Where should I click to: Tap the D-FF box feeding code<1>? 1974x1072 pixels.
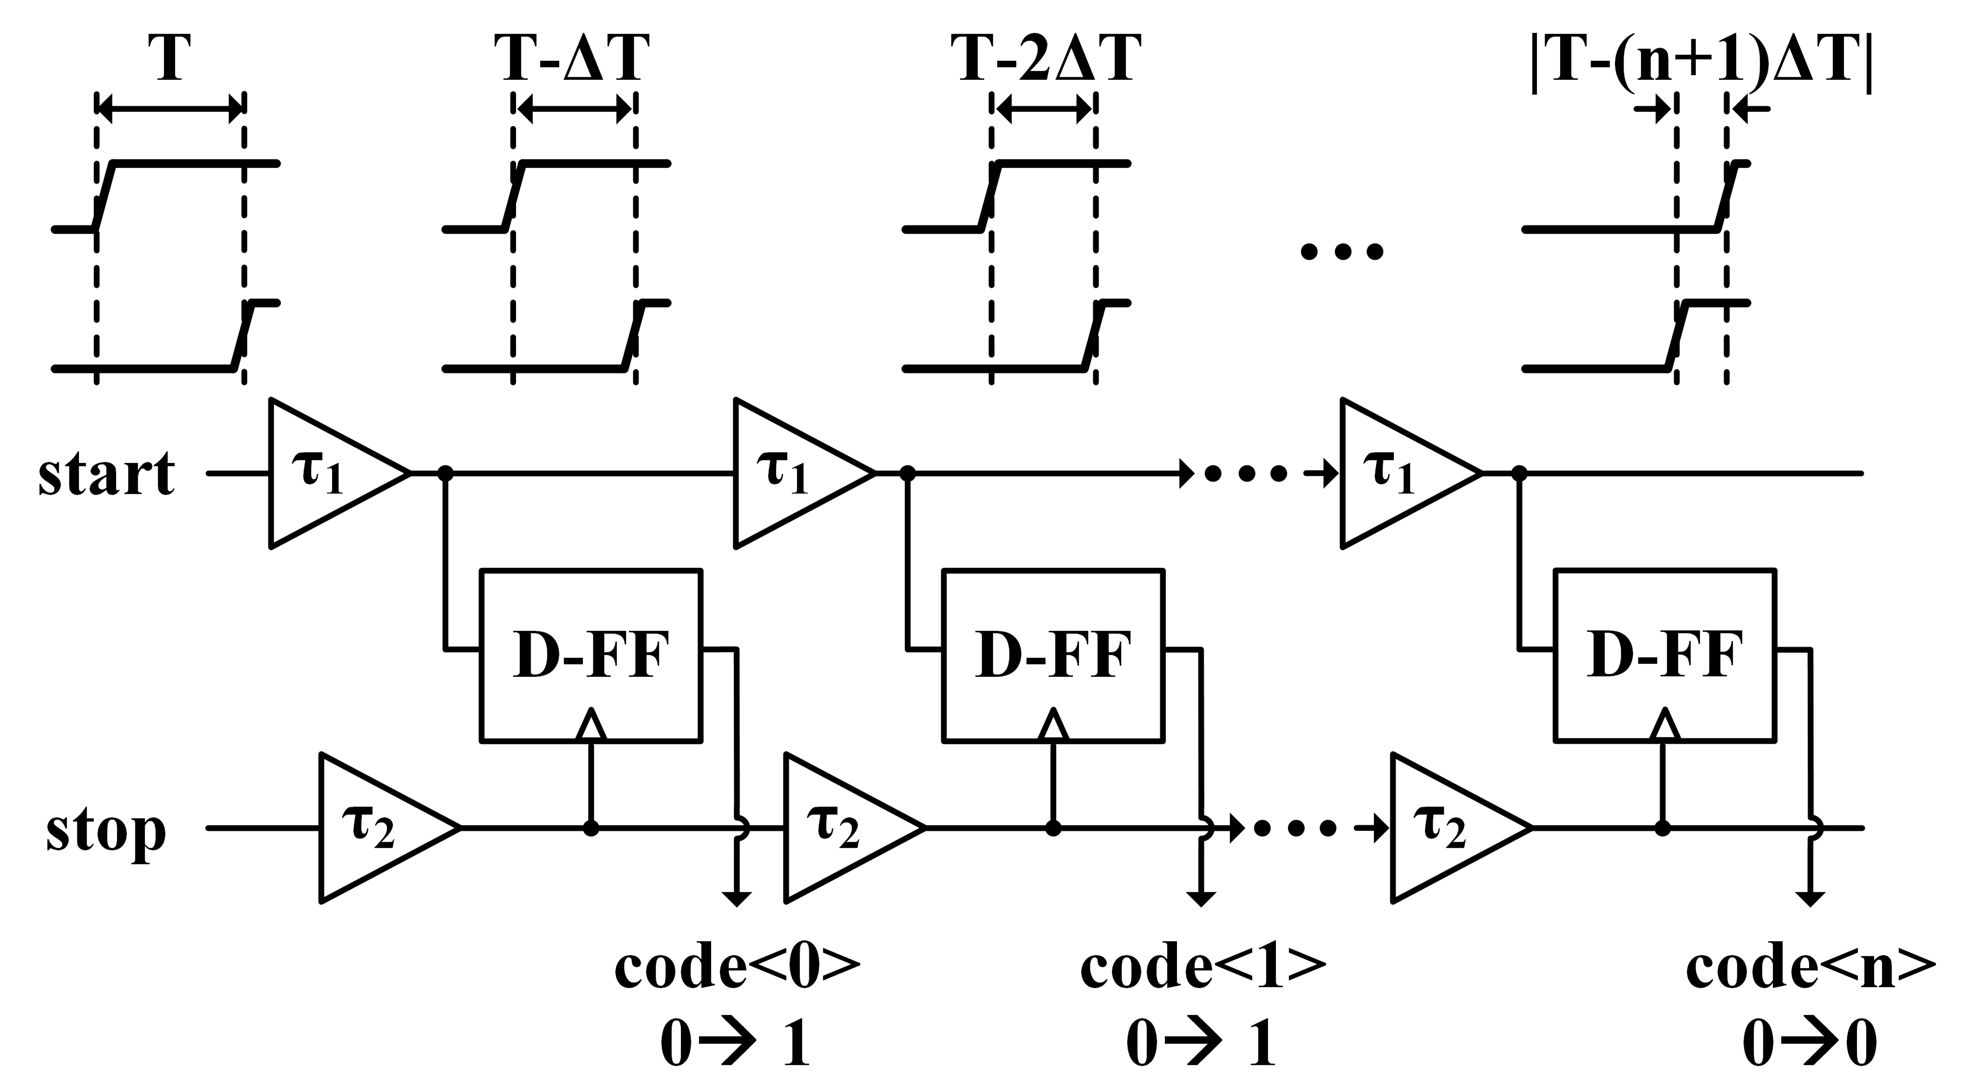click(x=1053, y=655)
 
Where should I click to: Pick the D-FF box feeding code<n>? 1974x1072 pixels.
click(x=1664, y=655)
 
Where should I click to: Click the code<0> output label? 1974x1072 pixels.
click(x=737, y=967)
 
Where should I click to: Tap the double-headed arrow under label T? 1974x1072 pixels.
click(x=170, y=110)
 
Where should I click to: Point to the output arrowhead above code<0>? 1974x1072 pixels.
click(x=737, y=898)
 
